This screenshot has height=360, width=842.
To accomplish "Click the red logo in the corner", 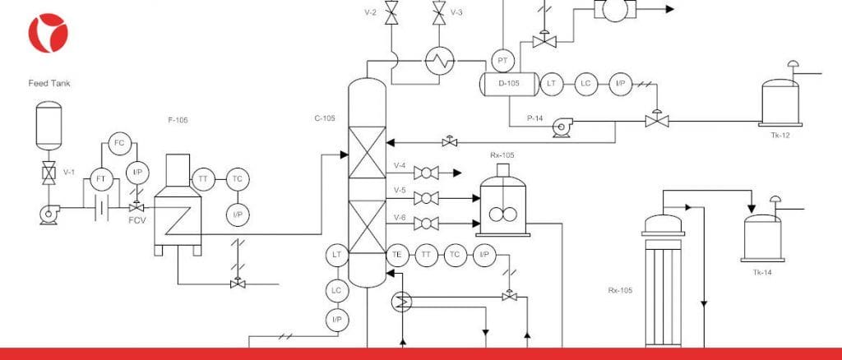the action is coord(49,33).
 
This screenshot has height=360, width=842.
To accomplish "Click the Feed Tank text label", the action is coord(49,83).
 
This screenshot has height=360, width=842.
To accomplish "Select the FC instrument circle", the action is coord(119,143).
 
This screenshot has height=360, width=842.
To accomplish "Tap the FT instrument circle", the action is coord(101,179).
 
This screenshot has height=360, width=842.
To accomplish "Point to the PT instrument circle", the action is coord(502,61).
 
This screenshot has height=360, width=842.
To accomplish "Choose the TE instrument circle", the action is coord(397,256).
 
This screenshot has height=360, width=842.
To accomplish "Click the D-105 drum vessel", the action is coord(509,84).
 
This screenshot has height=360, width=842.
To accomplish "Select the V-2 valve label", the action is coord(371,12).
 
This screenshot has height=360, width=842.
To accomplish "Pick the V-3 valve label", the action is coord(456,12).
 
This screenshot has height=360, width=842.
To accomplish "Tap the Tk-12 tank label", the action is coord(780,135).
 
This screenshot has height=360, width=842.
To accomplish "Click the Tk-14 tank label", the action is coord(762,273).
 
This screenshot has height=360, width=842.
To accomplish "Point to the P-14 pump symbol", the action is coord(562,127).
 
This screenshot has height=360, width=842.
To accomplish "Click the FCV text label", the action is coord(137,220).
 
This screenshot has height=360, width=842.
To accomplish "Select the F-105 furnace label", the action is coord(178,120).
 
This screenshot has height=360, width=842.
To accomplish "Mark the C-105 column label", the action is coord(325,118).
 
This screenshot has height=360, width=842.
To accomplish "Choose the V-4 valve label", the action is coord(400,166).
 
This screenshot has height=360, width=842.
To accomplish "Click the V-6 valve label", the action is coord(400,217).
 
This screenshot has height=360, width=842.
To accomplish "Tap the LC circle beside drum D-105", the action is coord(585,84).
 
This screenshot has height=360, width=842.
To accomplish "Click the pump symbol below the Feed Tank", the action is coord(49,214).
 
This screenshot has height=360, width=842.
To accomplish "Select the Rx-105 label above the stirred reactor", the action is coord(502,155).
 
